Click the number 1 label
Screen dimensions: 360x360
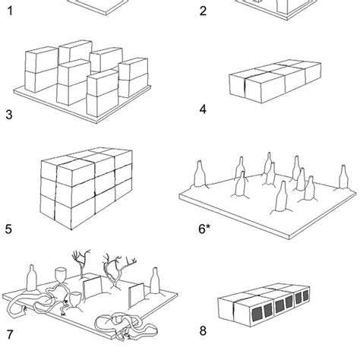point(10,11)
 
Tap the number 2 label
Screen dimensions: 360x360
point(203,11)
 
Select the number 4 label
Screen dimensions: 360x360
point(203,109)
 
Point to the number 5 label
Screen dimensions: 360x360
point(8,229)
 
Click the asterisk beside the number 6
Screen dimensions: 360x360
point(208,226)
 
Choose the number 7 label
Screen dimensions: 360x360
point(10,335)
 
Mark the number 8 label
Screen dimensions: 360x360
point(203,330)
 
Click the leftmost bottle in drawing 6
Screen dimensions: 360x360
point(200,174)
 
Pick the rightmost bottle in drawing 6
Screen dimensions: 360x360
point(343,177)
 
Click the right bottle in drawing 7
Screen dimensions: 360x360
point(155,281)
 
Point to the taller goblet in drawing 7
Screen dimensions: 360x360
point(61,276)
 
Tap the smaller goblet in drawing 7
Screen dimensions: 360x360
point(75,298)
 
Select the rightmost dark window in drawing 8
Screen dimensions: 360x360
point(306,295)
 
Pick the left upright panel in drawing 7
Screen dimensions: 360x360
point(93,287)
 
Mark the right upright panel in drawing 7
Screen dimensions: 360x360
point(137,295)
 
